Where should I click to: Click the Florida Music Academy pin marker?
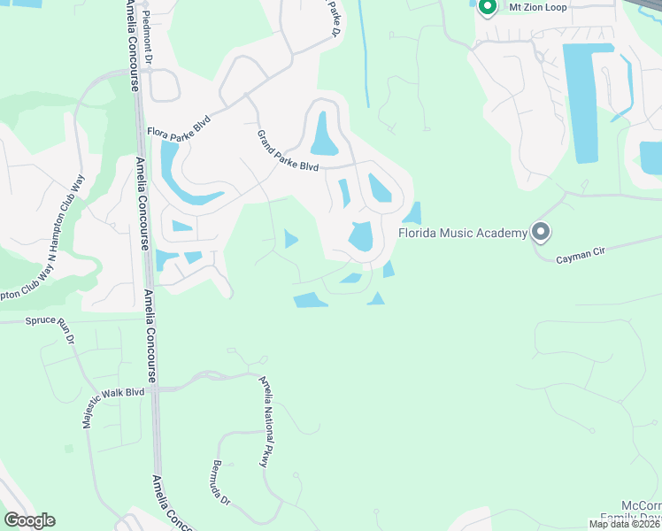tap(542, 233)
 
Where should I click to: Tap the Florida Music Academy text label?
tap(462, 234)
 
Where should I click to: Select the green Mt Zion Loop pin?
tap(486, 8)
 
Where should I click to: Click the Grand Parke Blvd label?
tap(287, 151)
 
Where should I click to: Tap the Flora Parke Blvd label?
tap(179, 133)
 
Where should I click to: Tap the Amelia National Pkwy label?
tap(264, 421)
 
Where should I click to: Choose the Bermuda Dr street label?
tap(220, 482)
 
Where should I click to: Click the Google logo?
tap(29, 520)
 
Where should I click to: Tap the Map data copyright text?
tap(624, 524)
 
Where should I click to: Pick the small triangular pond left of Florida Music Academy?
tap(412, 213)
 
